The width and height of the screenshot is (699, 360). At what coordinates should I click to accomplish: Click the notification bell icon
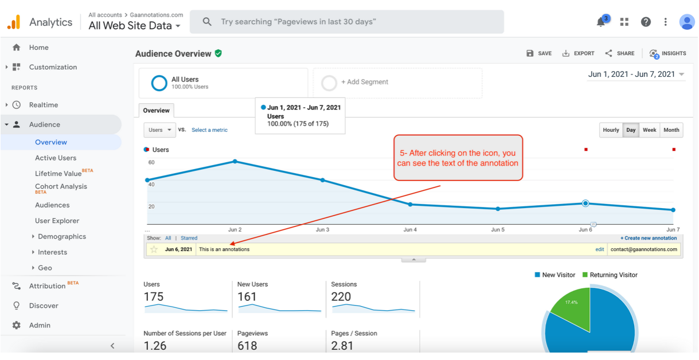(x=601, y=22)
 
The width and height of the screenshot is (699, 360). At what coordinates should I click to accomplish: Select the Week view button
(x=649, y=130)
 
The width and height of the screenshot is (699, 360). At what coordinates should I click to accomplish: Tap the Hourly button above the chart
(x=611, y=130)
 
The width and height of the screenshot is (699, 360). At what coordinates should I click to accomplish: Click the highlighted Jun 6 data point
(x=585, y=204)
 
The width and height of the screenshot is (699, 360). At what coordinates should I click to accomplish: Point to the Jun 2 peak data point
(x=235, y=161)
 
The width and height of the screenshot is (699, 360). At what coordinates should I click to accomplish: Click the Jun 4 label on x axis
(x=410, y=230)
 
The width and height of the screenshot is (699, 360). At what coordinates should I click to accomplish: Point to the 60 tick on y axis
(x=151, y=162)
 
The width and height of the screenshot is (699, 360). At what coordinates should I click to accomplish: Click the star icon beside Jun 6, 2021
(x=154, y=249)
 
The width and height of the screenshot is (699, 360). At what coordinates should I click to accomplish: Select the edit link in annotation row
(x=599, y=249)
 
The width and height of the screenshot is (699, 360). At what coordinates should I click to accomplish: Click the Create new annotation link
(x=649, y=238)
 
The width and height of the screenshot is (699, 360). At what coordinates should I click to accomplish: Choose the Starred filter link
(x=189, y=238)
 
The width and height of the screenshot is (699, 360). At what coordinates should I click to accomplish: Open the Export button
(x=578, y=53)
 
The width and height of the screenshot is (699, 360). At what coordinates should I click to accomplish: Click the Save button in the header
(x=539, y=53)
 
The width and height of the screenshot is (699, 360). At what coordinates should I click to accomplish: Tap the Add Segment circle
(x=329, y=83)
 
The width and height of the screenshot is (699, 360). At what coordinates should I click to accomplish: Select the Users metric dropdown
(x=160, y=130)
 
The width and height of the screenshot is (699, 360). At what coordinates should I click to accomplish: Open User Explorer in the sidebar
(x=57, y=221)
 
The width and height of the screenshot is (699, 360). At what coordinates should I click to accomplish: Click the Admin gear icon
(x=17, y=325)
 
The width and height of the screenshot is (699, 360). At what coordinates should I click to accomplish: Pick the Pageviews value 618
(x=247, y=346)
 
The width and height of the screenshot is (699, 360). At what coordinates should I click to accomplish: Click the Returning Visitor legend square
(x=585, y=275)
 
